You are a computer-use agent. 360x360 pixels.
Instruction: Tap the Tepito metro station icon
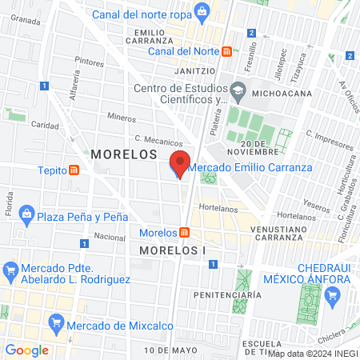[74, 170]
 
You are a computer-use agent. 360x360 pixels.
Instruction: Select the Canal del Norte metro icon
[227, 52]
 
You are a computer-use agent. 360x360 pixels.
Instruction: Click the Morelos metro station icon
[185, 233]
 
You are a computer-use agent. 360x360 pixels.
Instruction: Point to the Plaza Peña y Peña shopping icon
[26, 214]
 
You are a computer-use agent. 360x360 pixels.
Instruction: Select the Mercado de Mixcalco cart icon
[55, 323]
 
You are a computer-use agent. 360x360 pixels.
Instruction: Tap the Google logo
[27, 350]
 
